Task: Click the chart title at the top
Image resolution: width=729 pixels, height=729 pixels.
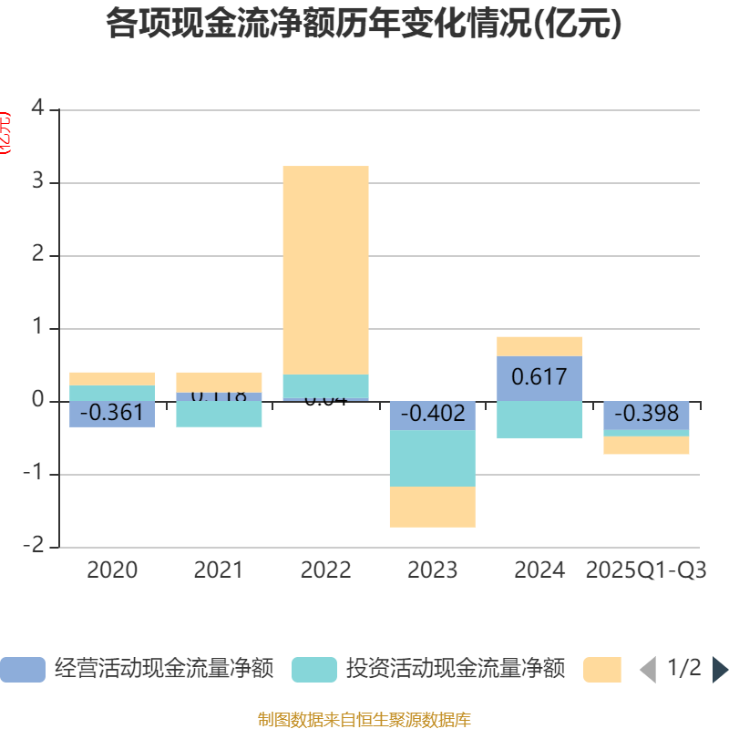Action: click(364, 24)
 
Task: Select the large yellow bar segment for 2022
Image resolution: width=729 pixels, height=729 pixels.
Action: click(325, 270)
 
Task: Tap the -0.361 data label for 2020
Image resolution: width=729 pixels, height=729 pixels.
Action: click(112, 413)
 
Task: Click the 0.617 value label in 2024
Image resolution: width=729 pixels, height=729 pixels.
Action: click(539, 376)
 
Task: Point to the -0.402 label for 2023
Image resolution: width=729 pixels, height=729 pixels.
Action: click(432, 413)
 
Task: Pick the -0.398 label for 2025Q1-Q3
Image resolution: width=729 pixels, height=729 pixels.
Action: click(646, 414)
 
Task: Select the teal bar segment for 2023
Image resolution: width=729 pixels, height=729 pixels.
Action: click(432, 458)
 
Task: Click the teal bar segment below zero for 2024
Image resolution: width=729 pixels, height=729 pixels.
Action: click(539, 420)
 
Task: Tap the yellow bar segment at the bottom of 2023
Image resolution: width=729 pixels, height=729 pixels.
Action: click(432, 507)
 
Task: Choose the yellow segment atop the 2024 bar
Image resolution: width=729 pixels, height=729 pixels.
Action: click(539, 346)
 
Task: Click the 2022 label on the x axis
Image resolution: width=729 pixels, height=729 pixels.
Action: click(325, 570)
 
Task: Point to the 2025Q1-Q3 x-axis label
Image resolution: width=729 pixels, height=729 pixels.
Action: click(646, 570)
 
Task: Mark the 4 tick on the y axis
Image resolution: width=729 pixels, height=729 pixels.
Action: click(37, 108)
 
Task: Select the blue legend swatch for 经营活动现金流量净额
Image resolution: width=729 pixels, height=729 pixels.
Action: click(22, 670)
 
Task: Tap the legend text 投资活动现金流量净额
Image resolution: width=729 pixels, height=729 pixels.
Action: click(455, 669)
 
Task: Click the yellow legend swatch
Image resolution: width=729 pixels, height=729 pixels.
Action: click(602, 670)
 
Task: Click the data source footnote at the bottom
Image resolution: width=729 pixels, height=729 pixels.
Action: click(364, 720)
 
